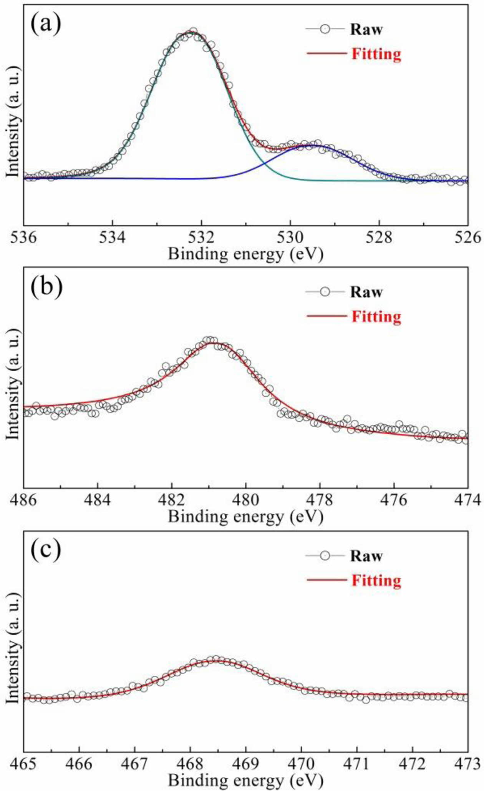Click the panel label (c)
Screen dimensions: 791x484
click(46, 550)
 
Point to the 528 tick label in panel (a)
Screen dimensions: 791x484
click(379, 237)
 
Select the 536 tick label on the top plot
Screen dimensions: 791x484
click(24, 237)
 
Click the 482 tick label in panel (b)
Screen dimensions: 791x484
click(172, 500)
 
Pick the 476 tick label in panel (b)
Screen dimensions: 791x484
click(394, 500)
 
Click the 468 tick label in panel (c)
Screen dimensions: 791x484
click(190, 763)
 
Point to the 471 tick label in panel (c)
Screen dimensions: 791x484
click(357, 763)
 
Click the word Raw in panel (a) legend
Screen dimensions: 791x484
click(366, 30)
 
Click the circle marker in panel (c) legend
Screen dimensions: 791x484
click(325, 556)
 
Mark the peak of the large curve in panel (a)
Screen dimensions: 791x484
click(191, 32)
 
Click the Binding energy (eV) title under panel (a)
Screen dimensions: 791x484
click(245, 254)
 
